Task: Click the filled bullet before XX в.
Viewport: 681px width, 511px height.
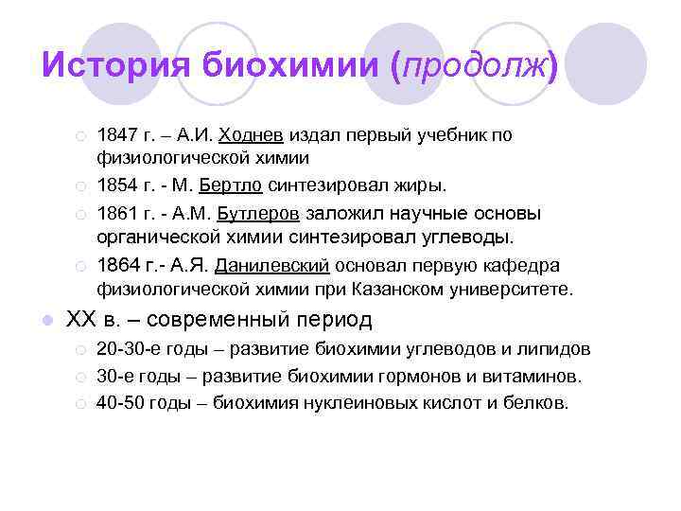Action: point(45,321)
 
